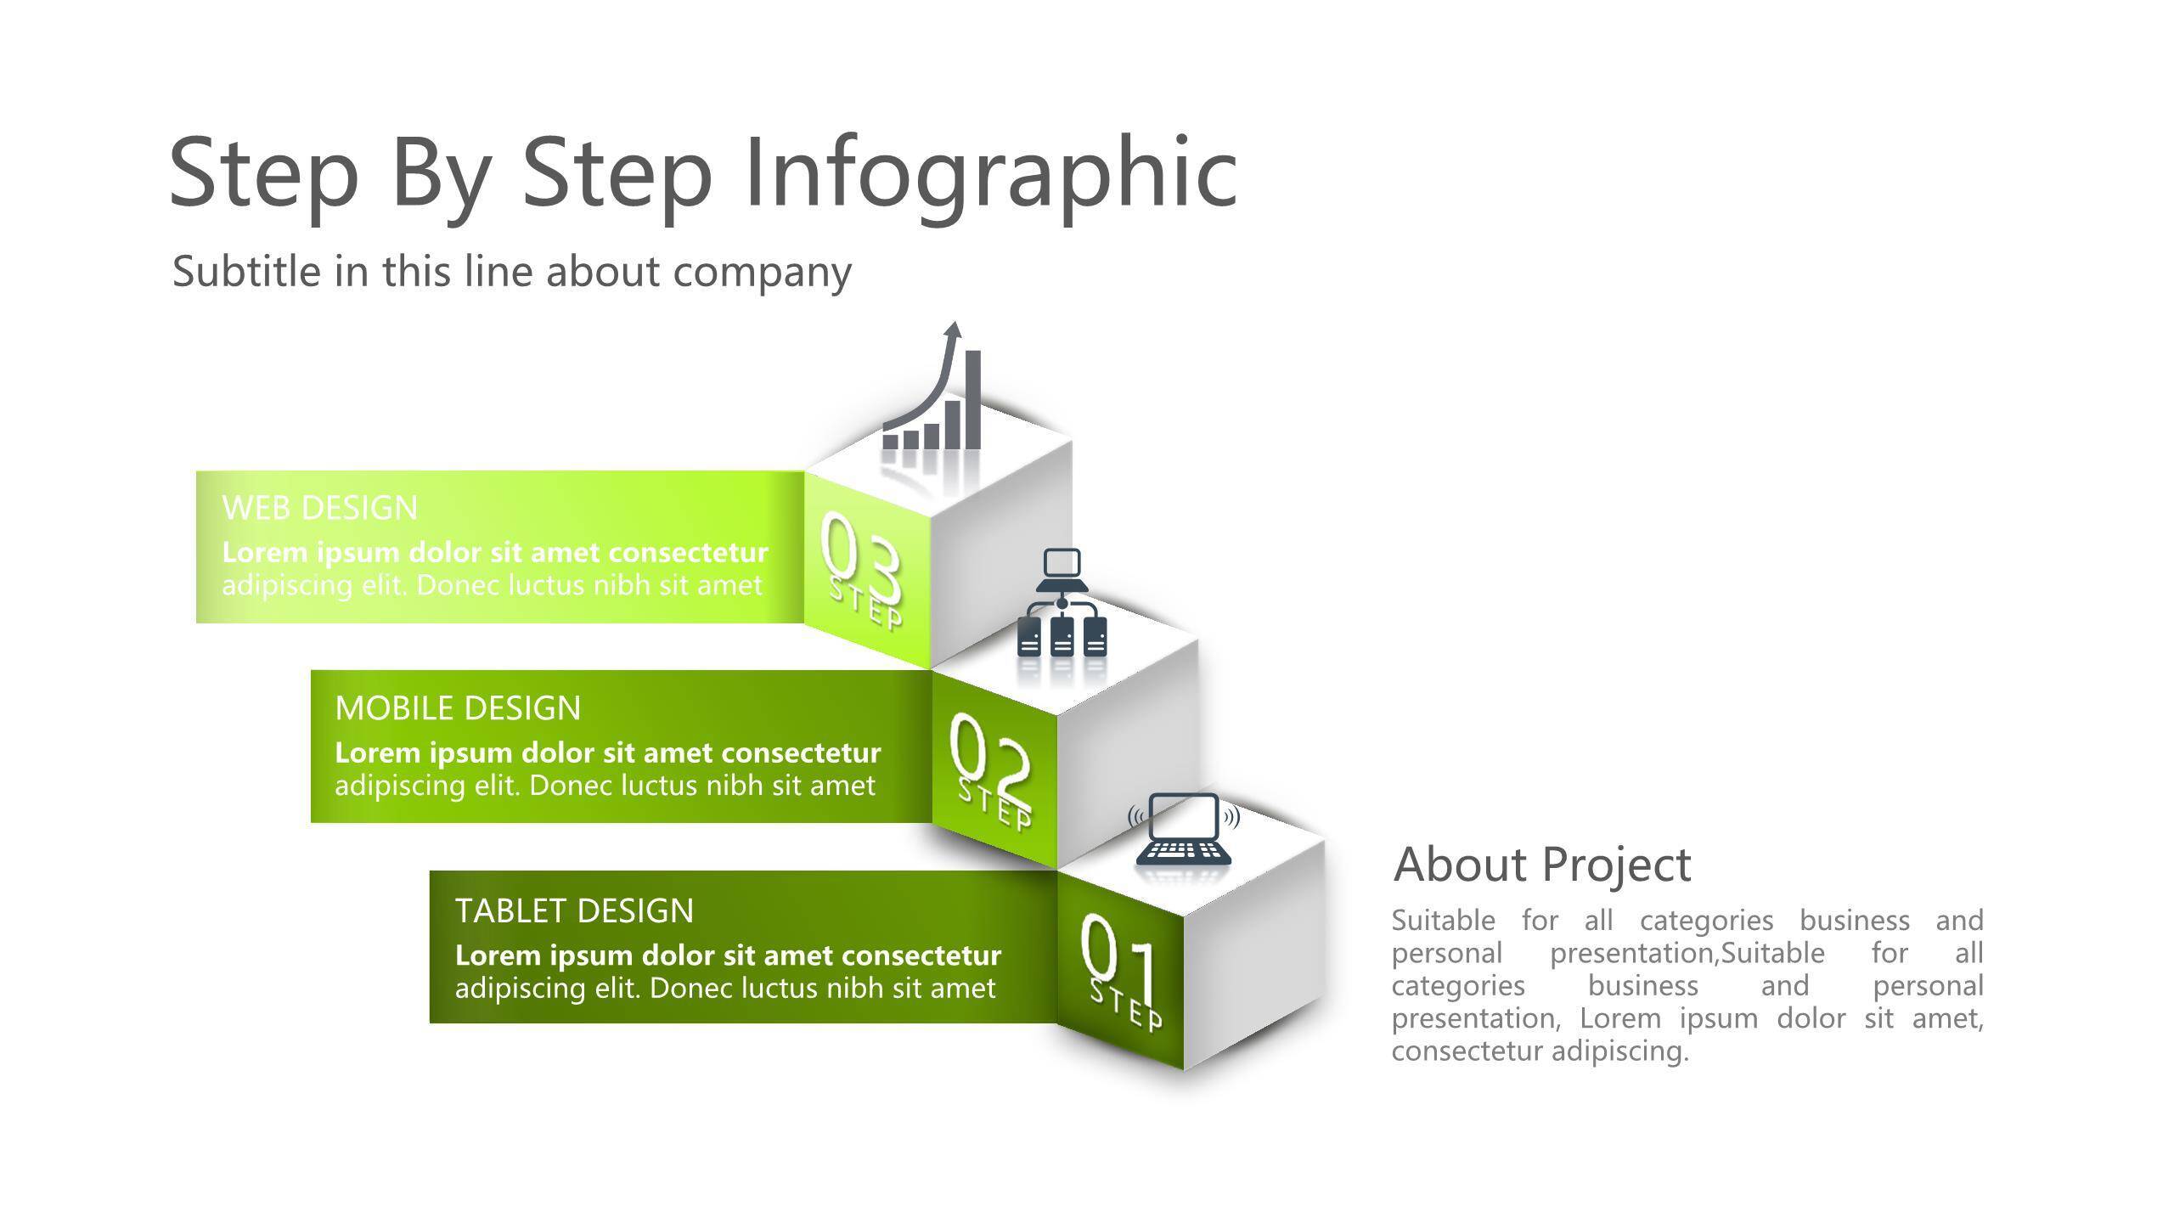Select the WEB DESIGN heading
[x=320, y=508]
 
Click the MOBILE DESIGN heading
[x=458, y=708]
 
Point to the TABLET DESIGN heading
[x=574, y=910]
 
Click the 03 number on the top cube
[x=860, y=556]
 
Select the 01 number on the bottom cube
[x=1119, y=960]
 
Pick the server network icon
[x=1062, y=603]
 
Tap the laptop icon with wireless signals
[x=1184, y=829]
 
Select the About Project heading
[x=1542, y=865]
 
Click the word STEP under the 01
[x=1126, y=1006]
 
